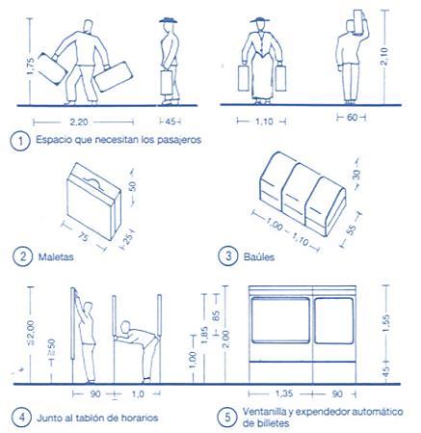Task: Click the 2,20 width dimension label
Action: (x=79, y=122)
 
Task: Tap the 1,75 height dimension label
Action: (x=30, y=67)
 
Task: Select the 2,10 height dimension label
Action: (x=384, y=56)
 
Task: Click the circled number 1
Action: (x=20, y=141)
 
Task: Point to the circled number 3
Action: (x=228, y=257)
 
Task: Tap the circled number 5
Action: (x=227, y=418)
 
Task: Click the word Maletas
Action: (x=56, y=257)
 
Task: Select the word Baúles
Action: (x=259, y=257)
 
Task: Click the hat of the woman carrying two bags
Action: (x=260, y=19)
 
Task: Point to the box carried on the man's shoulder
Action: (x=357, y=21)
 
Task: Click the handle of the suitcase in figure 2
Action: (x=92, y=181)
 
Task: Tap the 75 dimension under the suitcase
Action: (x=83, y=237)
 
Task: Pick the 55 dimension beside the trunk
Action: (x=352, y=230)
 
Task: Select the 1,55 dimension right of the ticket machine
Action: (x=386, y=323)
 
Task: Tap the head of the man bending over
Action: (x=124, y=327)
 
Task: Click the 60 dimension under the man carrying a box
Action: (x=352, y=118)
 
